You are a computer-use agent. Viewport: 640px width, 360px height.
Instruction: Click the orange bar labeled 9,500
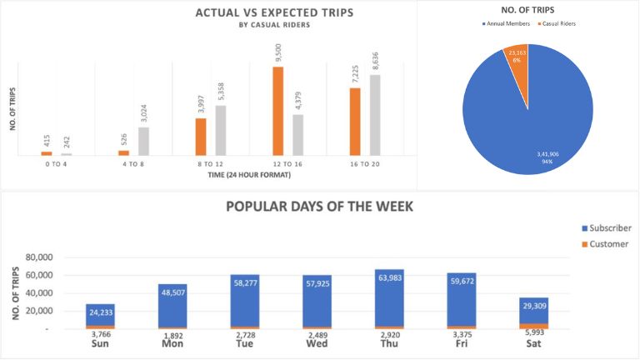(x=278, y=111)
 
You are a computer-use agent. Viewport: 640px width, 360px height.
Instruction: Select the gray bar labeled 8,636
(x=375, y=115)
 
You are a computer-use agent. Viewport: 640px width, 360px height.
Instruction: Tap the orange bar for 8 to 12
(x=201, y=137)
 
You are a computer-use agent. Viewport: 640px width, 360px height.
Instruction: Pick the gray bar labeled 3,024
(x=144, y=141)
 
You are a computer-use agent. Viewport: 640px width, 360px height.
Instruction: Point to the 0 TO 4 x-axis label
(x=56, y=165)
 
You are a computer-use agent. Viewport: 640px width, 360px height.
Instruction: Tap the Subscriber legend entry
(x=612, y=227)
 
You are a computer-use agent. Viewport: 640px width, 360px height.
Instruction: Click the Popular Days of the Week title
(x=320, y=206)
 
